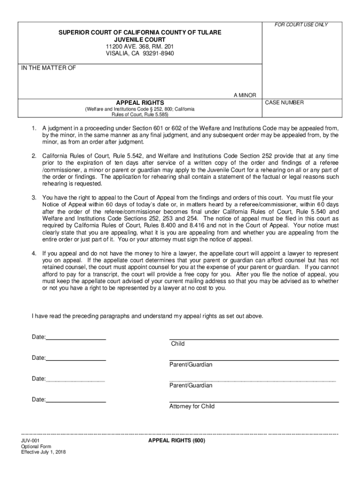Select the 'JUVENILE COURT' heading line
point(140,40)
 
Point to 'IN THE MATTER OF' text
point(49,68)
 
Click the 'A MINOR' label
point(245,95)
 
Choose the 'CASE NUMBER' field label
point(284,102)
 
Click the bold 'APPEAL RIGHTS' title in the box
point(140,102)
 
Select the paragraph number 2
point(34,155)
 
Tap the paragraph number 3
point(34,198)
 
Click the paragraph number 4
point(34,253)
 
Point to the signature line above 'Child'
point(254,339)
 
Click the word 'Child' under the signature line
point(178,344)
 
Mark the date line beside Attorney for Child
point(76,402)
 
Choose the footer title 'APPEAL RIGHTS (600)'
point(177,441)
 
